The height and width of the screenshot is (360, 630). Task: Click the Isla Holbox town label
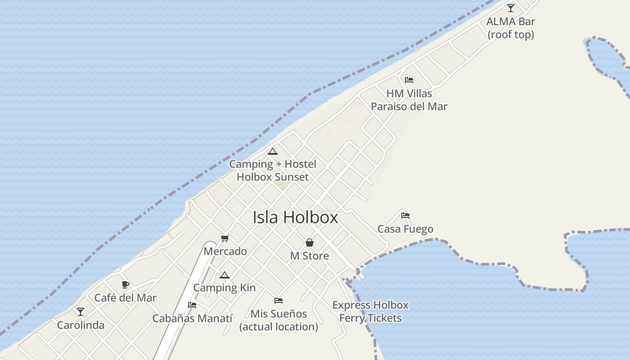pos(295,217)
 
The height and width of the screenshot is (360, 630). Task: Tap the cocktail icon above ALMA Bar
pos(511,8)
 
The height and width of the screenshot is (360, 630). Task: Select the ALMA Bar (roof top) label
pos(511,28)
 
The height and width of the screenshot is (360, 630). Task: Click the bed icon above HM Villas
pos(409,80)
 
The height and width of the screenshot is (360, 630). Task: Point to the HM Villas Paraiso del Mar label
pos(409,100)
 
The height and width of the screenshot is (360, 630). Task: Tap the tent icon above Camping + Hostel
pos(273,151)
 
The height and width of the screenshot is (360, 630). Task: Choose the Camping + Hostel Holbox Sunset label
pos(273,171)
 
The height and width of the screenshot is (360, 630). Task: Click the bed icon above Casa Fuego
pos(405,215)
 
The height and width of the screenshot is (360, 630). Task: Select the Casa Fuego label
pos(405,229)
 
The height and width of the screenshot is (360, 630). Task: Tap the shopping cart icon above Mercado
pos(225,238)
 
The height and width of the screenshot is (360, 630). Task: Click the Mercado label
pos(225,252)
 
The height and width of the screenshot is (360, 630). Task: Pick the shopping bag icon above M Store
pos(310,243)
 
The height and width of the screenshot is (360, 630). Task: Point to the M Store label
pos(310,256)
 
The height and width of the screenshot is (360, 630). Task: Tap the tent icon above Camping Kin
pos(225,275)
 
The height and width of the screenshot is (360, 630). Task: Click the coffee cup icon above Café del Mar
pos(126,284)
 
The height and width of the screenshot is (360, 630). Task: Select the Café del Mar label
pos(126,298)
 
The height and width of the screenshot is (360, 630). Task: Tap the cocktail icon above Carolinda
pos(81,311)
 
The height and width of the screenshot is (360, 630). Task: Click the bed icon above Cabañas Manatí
pos(192,305)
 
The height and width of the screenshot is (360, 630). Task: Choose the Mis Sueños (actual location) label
pos(279,320)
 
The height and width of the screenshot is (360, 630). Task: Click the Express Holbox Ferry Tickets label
pos(370,311)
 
